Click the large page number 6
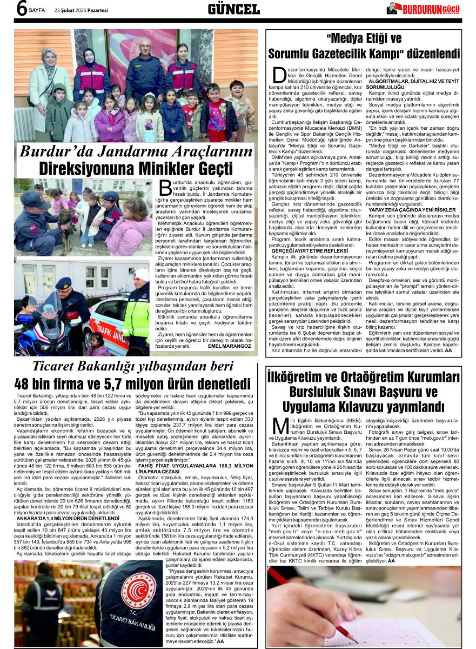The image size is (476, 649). coord(21,9)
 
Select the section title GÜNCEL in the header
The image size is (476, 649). coord(233,9)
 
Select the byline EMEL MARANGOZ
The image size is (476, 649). coord(230,346)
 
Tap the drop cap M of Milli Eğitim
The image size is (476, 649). coord(280,425)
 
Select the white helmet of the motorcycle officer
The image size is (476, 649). coord(142,274)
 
